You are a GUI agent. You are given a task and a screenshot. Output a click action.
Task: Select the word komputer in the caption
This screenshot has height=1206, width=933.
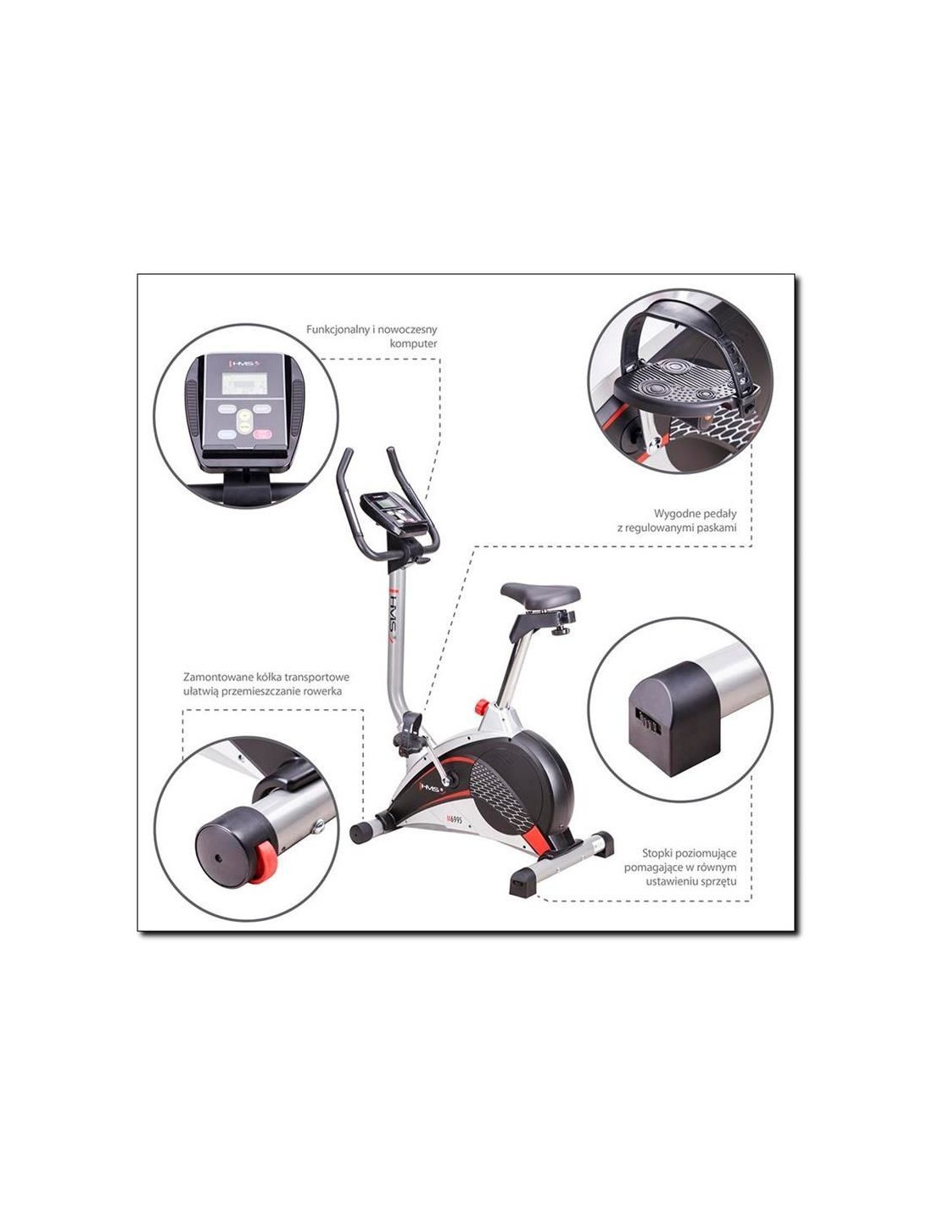[x=414, y=343]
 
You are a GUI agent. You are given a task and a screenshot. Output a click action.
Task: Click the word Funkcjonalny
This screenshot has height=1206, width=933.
[x=338, y=330]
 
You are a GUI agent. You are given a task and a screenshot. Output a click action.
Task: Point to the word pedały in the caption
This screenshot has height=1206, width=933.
[x=718, y=513]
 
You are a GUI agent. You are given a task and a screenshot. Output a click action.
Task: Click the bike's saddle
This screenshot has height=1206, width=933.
[x=540, y=592]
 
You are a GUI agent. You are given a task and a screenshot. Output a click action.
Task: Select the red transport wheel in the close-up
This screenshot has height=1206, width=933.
[x=263, y=862]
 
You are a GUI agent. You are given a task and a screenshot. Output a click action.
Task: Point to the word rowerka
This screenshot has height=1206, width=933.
[x=322, y=691]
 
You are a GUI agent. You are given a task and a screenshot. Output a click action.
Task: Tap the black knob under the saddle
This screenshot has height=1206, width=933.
[x=561, y=629]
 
